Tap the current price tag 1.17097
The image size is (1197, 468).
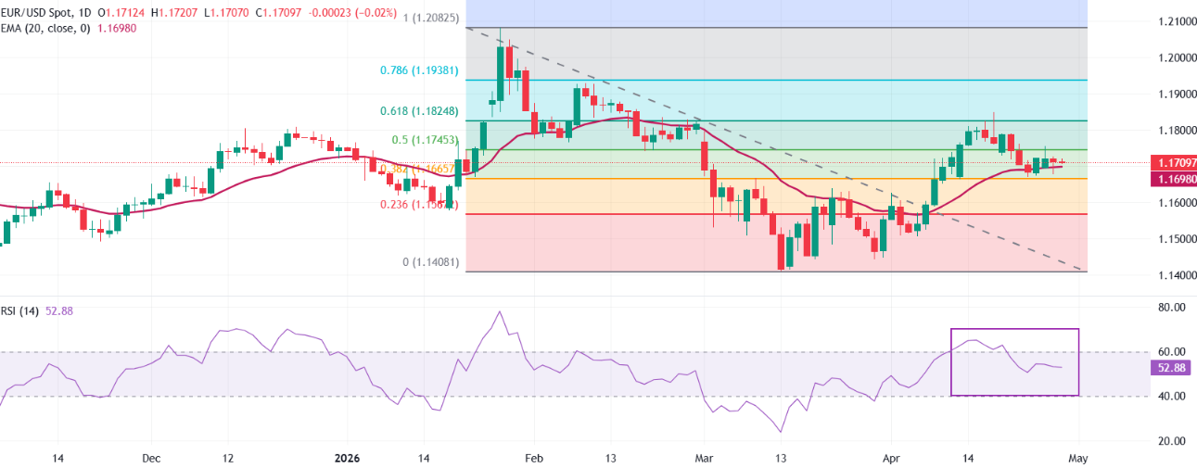click(1171, 162)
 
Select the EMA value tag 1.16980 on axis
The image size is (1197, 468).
click(1171, 178)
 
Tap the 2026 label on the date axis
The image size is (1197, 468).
click(348, 458)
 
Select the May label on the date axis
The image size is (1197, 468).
click(1077, 458)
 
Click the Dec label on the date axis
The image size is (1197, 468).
click(152, 458)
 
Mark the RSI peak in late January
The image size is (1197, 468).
click(500, 311)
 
